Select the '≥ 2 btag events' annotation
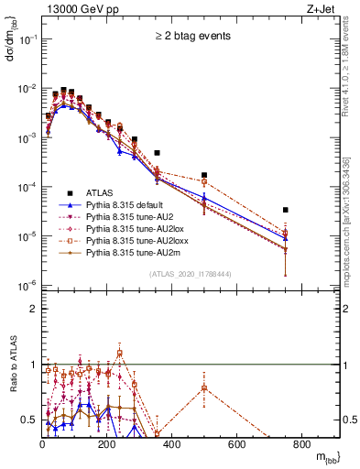coord(191,37)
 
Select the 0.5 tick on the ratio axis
coord(32,420)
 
